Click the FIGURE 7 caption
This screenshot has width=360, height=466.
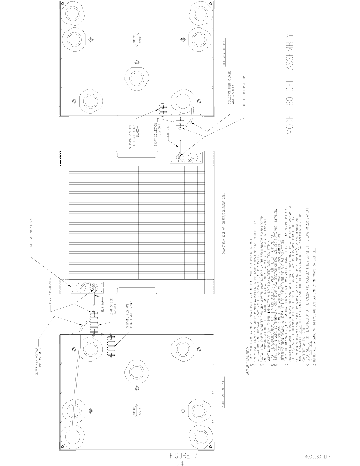tap(183, 448)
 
